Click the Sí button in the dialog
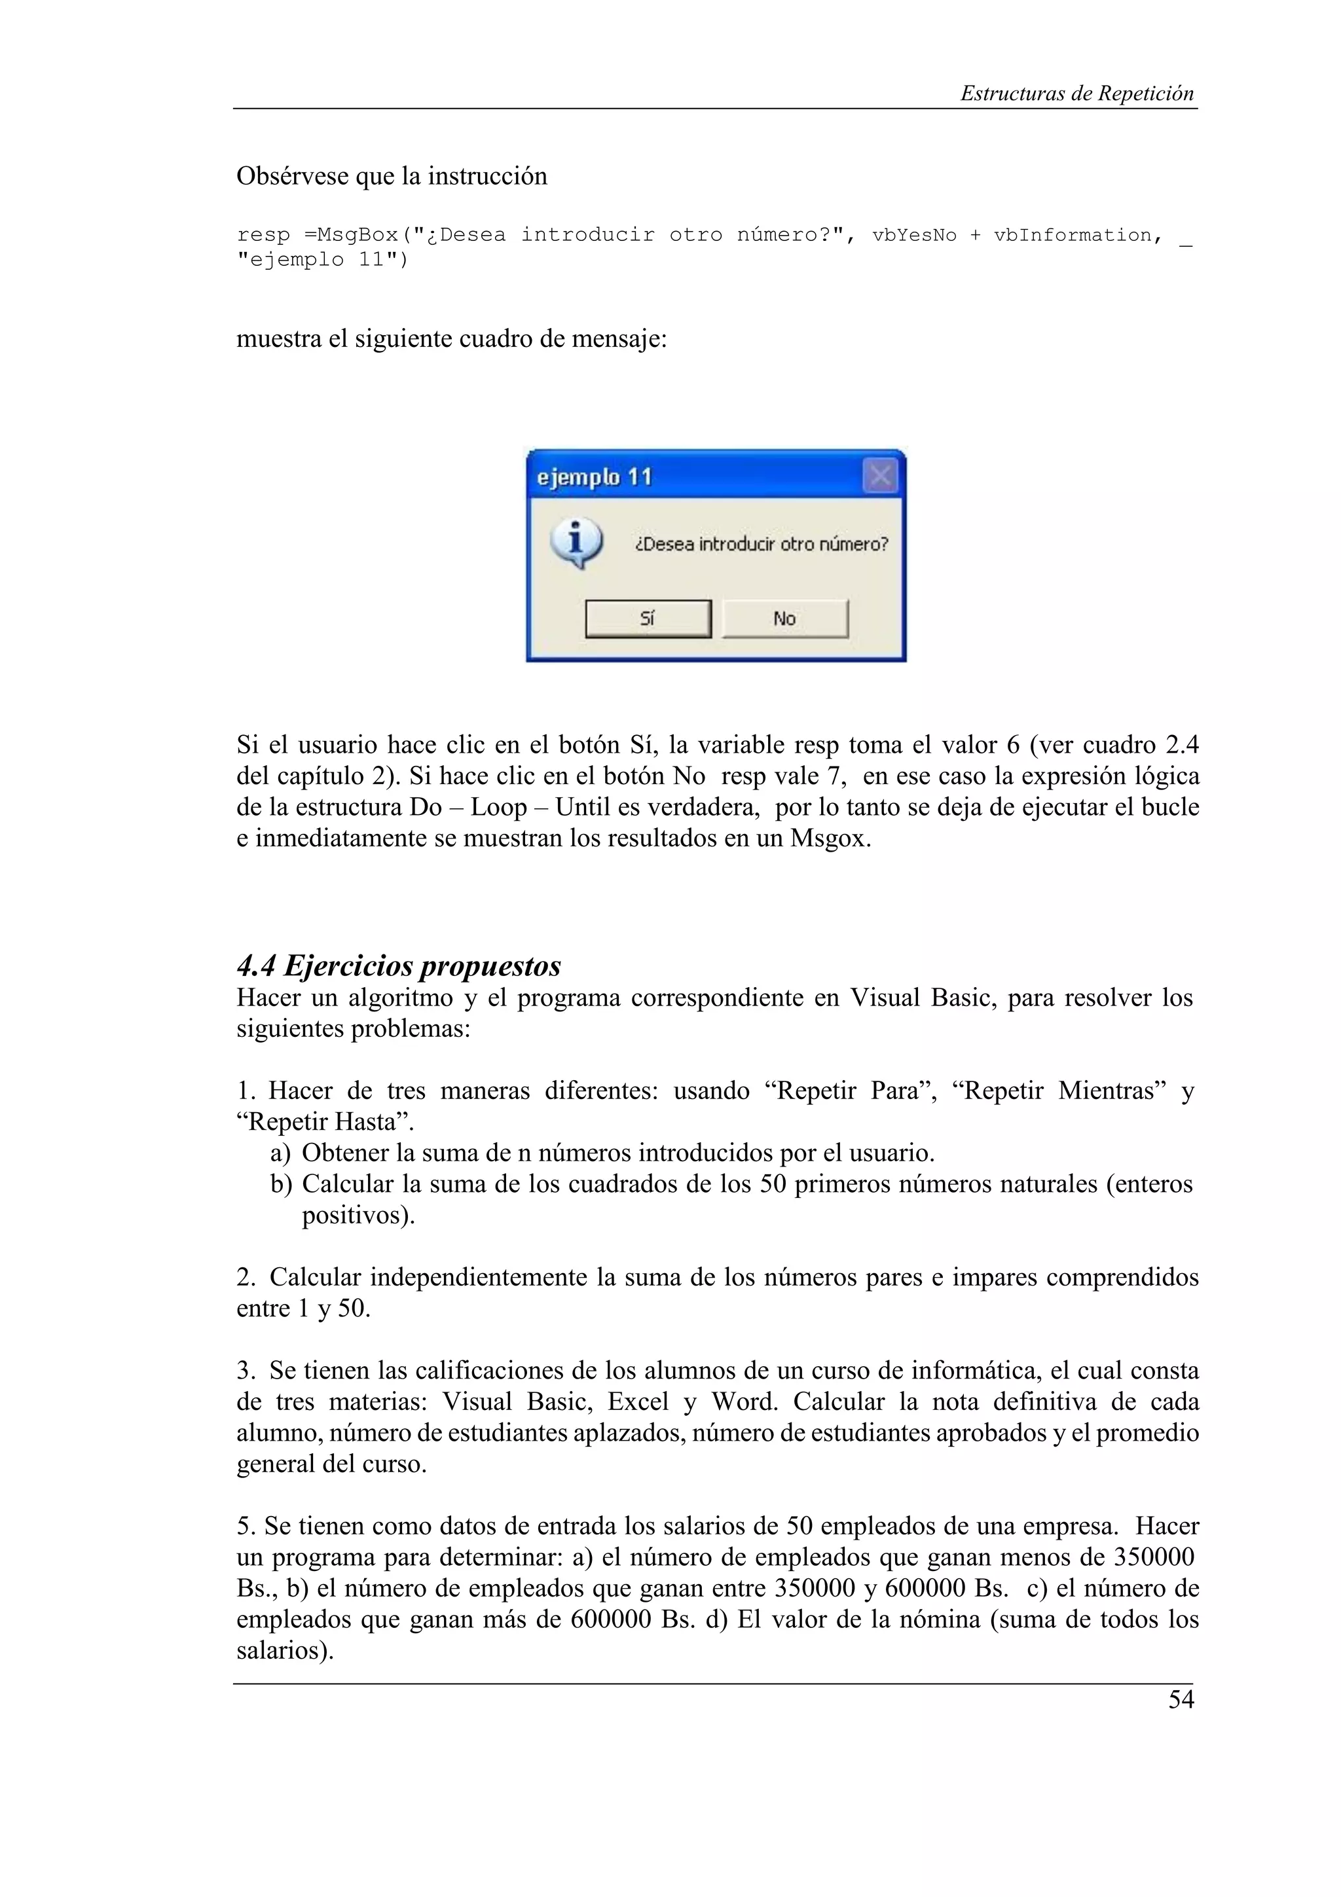click(647, 619)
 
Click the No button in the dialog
click(784, 619)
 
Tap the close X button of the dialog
click(880, 476)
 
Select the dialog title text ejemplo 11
click(594, 478)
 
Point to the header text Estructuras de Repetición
click(1076, 94)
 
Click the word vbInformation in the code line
click(1073, 236)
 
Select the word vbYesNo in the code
click(914, 236)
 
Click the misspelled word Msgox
click(830, 839)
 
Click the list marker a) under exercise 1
click(280, 1153)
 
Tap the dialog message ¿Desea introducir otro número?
click(761, 545)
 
